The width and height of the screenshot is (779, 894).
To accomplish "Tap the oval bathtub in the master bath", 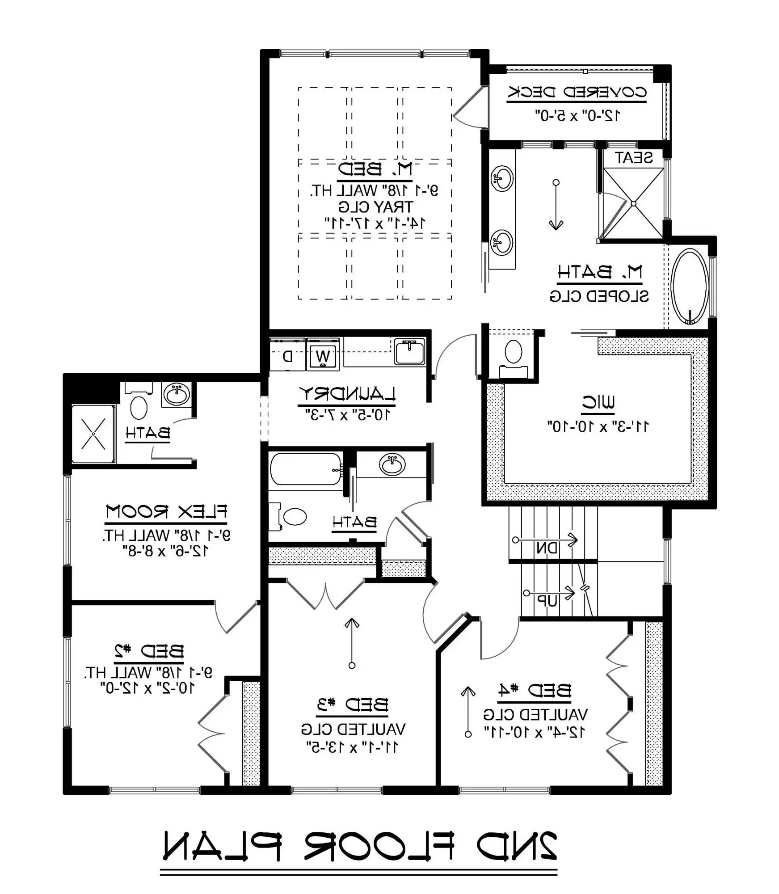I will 690,286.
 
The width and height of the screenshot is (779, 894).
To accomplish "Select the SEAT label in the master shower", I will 633,158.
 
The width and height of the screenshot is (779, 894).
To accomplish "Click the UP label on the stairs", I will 547,601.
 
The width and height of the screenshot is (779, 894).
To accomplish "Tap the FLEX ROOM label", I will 166,511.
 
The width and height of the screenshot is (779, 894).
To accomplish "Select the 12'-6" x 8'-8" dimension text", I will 166,551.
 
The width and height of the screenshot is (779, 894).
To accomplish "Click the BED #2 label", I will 149,651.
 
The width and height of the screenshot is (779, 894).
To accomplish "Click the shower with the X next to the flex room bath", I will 93,434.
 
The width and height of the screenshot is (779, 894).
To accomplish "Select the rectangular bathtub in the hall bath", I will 306,469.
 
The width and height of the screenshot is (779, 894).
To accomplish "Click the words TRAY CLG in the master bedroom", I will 375,207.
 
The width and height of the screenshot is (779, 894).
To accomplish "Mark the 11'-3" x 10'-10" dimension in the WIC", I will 598,426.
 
